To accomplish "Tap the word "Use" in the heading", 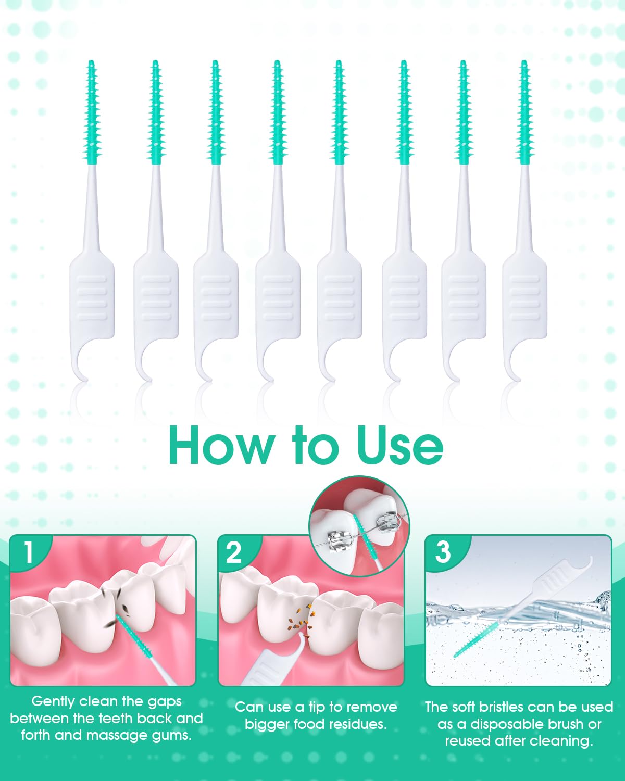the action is [x=400, y=445].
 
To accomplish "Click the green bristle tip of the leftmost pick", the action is [x=92, y=112].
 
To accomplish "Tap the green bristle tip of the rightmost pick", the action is [x=524, y=112].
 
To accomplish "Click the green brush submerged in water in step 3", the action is [x=476, y=640].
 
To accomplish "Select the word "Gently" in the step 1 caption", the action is [x=53, y=702].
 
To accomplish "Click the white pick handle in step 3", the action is [x=556, y=584].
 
